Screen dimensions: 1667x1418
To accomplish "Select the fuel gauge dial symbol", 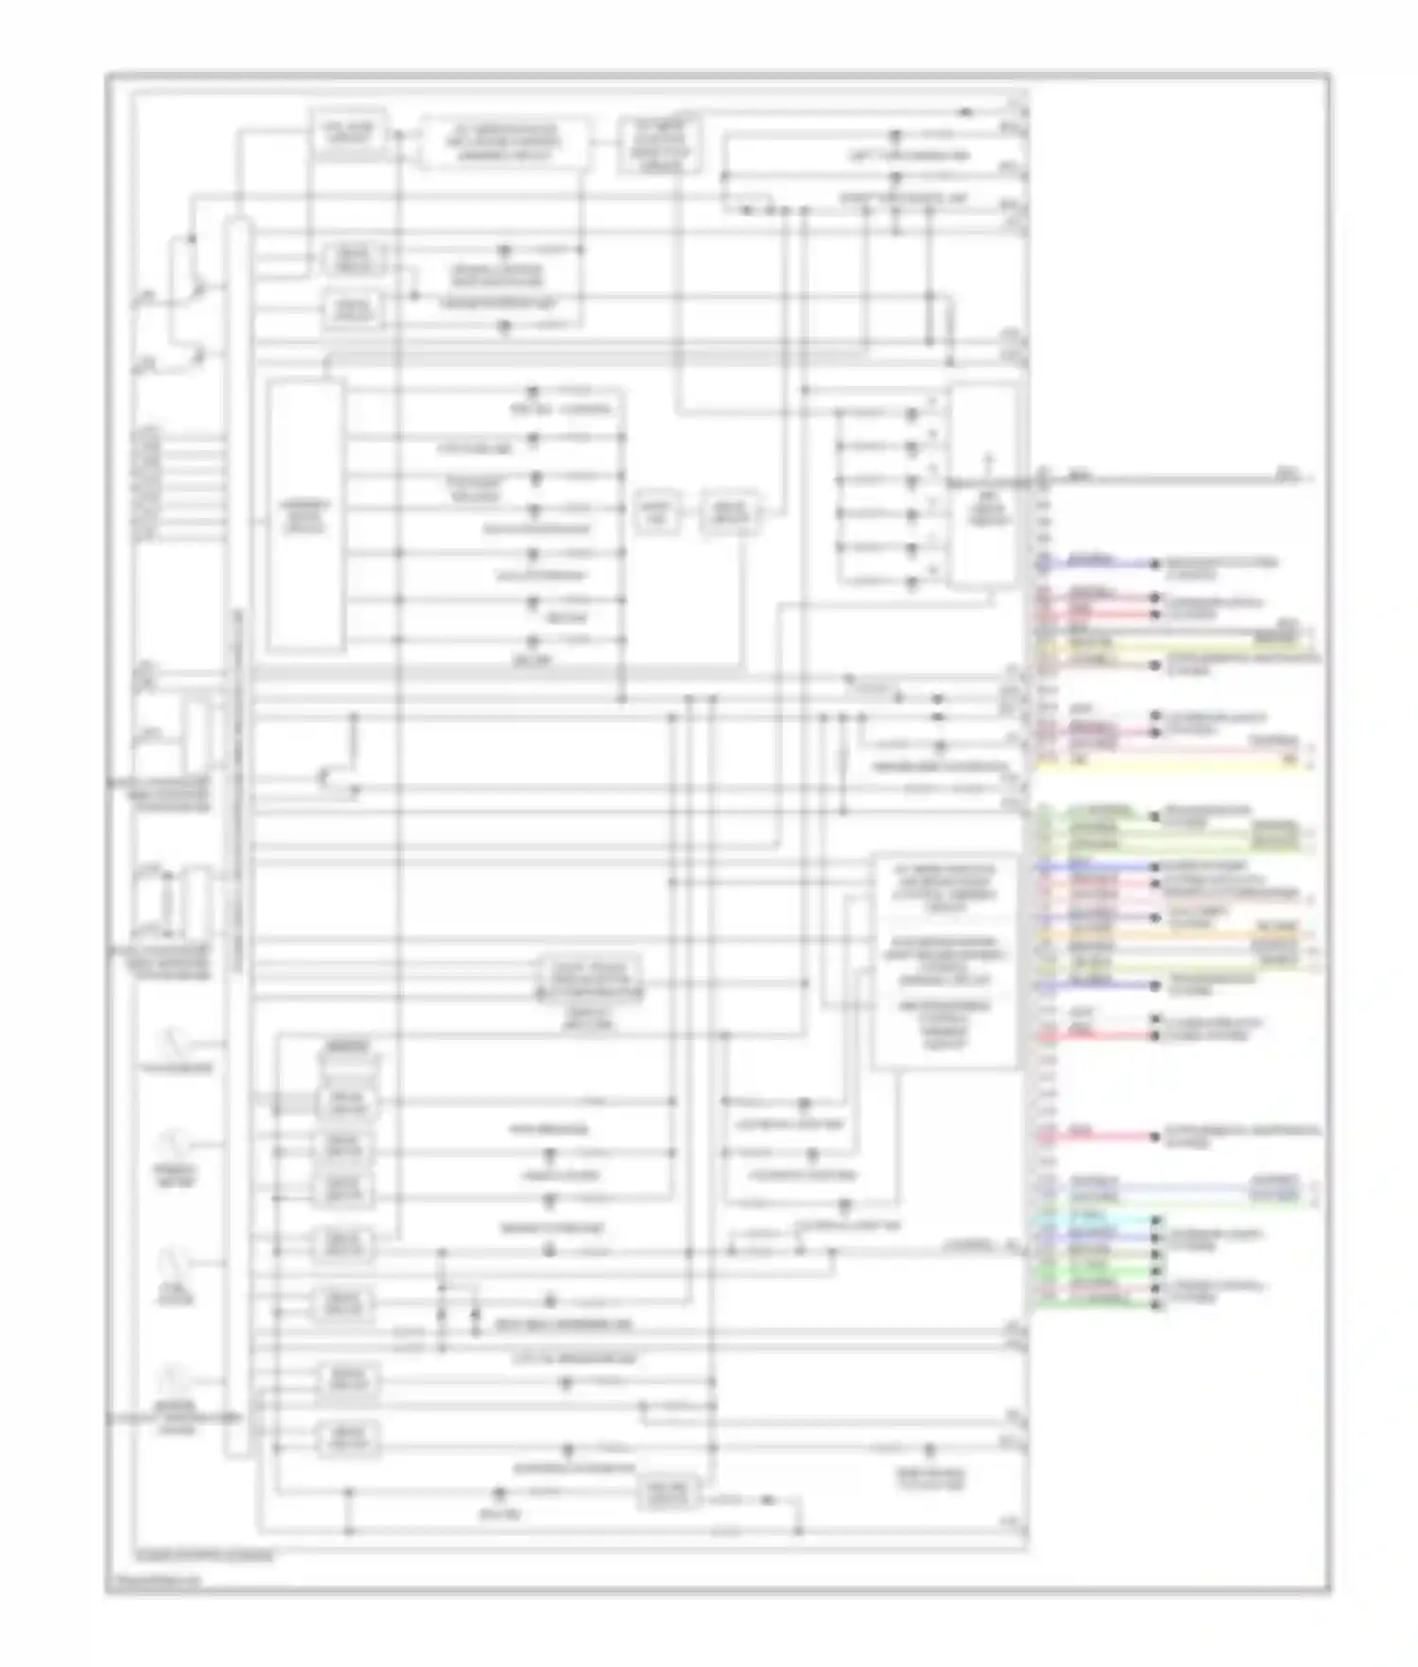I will coord(174,1262).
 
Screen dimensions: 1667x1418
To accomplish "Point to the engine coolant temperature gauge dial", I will coord(174,1380).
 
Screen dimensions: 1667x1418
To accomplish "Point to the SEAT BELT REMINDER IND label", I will coord(563,1325).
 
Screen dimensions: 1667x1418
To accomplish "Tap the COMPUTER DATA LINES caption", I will coord(204,1554).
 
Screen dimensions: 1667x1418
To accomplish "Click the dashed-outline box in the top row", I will coord(503,144).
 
